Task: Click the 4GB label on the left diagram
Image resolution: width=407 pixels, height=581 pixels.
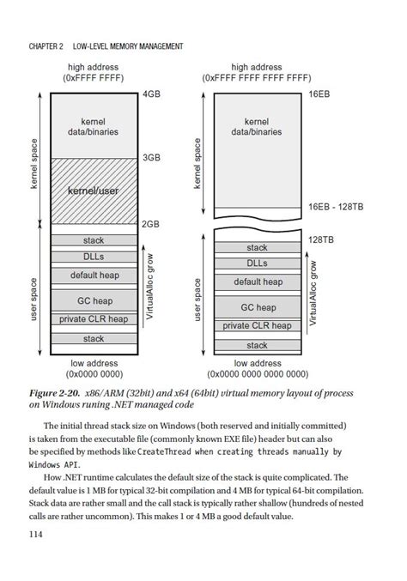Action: click(x=152, y=93)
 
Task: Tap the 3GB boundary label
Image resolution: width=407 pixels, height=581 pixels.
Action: click(x=152, y=158)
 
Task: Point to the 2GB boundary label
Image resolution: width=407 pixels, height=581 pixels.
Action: click(x=152, y=224)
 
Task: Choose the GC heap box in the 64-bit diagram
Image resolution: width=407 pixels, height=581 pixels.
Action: click(x=258, y=307)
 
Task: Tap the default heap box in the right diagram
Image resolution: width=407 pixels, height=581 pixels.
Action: click(x=258, y=281)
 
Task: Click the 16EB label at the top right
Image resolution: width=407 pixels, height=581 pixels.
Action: click(x=319, y=93)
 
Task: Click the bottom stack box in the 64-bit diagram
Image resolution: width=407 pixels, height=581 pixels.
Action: click(x=258, y=345)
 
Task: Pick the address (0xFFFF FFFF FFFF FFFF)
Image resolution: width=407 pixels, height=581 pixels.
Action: click(x=257, y=77)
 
